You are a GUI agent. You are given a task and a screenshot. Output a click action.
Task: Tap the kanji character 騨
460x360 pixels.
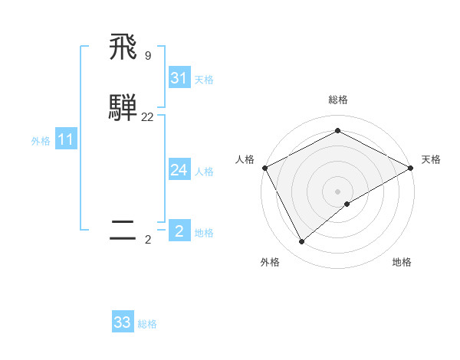123,108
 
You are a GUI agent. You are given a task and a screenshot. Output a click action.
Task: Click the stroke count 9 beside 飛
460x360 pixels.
147,55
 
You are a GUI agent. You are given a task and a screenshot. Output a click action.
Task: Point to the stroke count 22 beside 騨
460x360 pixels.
147,116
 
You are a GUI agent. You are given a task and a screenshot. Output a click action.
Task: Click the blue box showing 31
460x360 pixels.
179,78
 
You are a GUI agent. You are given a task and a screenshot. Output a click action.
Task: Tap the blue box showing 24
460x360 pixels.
179,170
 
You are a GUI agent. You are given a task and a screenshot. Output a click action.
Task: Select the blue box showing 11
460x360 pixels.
65,139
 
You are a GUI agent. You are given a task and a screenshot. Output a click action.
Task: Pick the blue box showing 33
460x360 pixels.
123,322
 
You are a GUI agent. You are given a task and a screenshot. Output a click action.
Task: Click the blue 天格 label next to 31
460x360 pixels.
204,80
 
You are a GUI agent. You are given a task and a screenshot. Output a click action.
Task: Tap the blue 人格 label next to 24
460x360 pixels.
204,172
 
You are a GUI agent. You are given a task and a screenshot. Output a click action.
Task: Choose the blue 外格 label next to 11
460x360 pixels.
41,141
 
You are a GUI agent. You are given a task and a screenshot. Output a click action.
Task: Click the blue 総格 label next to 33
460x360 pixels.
147,324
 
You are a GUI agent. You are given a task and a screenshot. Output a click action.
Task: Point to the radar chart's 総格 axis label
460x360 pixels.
337,100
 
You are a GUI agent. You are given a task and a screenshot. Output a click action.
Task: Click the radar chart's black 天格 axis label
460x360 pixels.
431,159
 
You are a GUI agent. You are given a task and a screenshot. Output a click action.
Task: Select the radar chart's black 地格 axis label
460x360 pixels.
402,262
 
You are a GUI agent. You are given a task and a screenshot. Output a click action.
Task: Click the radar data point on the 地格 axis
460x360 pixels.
347,204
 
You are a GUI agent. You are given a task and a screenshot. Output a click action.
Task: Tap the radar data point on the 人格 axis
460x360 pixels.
264,168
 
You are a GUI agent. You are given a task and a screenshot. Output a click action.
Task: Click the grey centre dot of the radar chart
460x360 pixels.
337,191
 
